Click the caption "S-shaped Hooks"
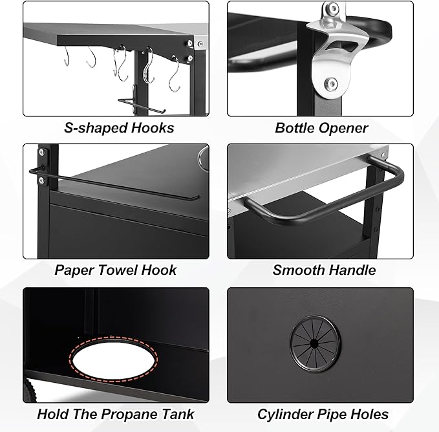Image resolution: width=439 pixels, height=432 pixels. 119,127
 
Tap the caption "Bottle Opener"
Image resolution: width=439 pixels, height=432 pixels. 321,127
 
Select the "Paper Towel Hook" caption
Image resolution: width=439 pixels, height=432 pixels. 116,270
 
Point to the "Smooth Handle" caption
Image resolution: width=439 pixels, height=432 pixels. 324,270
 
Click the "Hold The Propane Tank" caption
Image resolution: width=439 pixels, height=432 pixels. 116,414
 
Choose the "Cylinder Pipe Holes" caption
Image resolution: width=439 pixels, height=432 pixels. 323,414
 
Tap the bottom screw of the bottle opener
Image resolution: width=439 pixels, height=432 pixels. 330,83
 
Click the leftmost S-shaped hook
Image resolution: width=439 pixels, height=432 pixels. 67,58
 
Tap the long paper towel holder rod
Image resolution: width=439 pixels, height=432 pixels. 116,184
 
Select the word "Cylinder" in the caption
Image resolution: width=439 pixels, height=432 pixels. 285,414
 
